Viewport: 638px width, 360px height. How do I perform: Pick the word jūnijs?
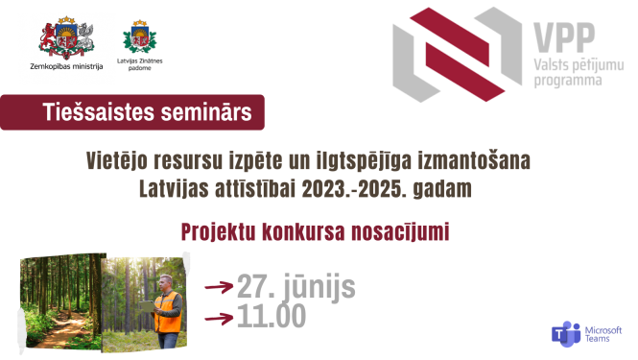tap(322, 287)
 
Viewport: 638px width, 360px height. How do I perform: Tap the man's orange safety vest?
tap(167, 312)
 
